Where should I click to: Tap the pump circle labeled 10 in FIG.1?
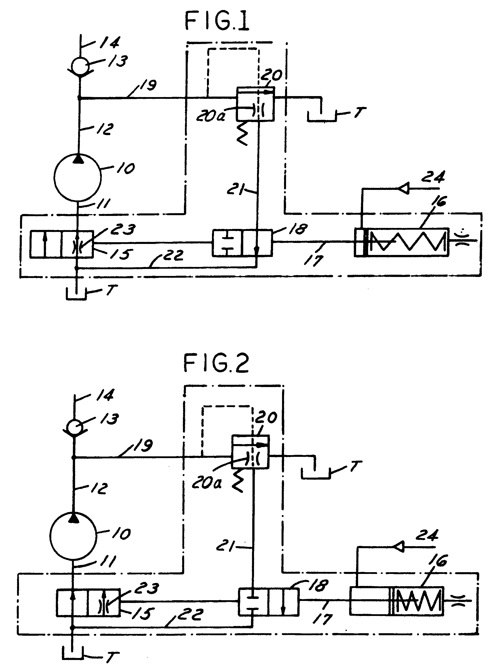(78, 177)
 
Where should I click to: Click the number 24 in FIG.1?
(433, 177)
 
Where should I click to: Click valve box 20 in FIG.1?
(255, 104)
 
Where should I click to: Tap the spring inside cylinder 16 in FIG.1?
(409, 242)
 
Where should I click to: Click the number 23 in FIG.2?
(146, 588)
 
